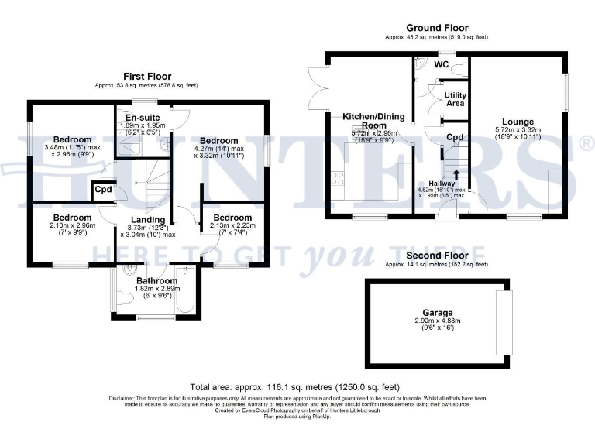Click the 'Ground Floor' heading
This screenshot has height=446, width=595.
click(437, 29)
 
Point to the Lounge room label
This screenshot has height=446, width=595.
click(517, 122)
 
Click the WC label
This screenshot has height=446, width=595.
click(442, 64)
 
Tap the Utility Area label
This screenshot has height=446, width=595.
click(454, 99)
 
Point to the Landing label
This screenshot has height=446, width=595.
click(147, 220)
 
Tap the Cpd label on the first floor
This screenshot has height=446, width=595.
click(102, 190)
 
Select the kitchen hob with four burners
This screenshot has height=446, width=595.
click(339, 180)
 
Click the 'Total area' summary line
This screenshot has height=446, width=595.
click(296, 386)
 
